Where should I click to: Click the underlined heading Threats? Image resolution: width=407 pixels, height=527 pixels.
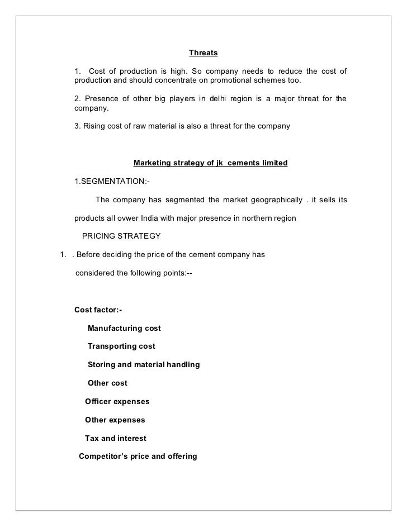203,53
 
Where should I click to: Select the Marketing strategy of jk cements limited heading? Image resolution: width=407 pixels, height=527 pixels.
210,163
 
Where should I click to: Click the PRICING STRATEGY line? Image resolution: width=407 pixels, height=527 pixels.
121,236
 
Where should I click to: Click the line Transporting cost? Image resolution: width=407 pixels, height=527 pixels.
121,346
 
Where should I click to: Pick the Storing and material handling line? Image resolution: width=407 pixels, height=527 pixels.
144,364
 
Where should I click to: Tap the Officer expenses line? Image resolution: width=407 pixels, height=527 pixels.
117,401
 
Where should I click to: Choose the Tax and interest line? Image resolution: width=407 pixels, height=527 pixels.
115,438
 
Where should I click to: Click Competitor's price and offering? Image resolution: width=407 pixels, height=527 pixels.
138,456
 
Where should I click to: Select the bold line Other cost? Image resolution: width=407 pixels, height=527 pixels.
107,383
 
